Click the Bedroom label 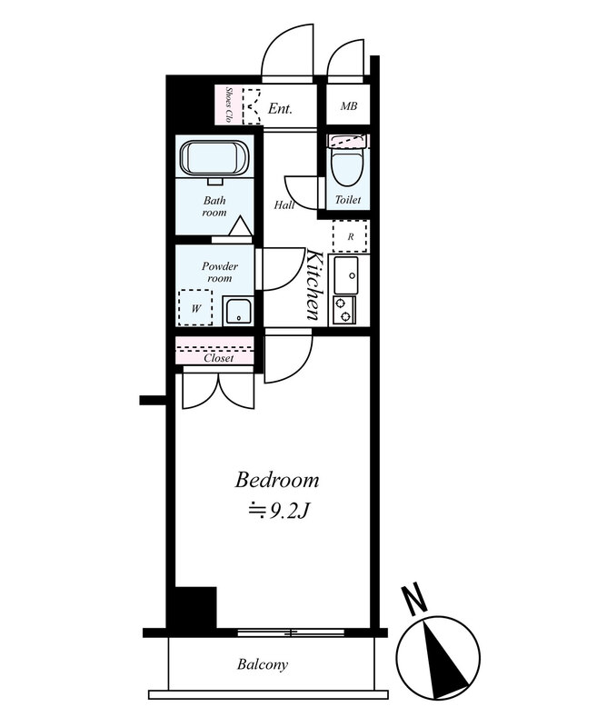point(277,480)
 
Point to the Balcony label point(263,664)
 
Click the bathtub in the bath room point(214,158)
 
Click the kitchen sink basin point(346,275)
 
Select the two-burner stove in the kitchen point(344,310)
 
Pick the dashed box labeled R point(351,236)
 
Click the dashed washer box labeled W point(195,307)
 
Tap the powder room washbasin point(238,311)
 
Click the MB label point(349,106)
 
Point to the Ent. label point(280,109)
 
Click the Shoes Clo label point(228,105)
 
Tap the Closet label point(219,358)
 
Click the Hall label point(284,204)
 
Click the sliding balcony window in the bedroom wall point(291,632)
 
